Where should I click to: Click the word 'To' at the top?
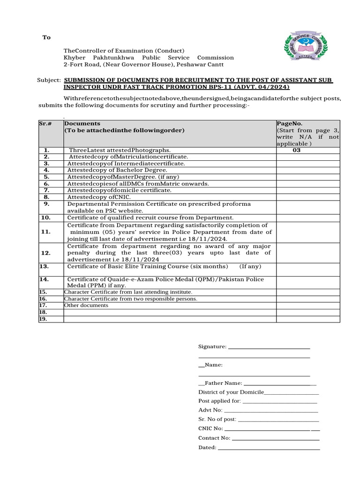[x=46, y=37]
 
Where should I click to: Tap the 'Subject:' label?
[x=49, y=80]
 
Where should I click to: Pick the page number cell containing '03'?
[x=296, y=150]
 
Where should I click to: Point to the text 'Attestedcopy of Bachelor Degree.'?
[x=117, y=170]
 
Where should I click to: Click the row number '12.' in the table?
[x=46, y=253]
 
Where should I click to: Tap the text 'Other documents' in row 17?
[x=86, y=305]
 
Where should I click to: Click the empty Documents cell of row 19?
[x=169, y=319]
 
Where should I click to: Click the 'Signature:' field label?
[x=212, y=347]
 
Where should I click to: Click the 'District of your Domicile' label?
[x=231, y=392]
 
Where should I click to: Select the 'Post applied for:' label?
[x=219, y=401]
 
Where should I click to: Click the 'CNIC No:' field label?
[x=210, y=428]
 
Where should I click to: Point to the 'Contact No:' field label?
[x=214, y=438]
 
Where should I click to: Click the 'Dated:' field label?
[x=207, y=447]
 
